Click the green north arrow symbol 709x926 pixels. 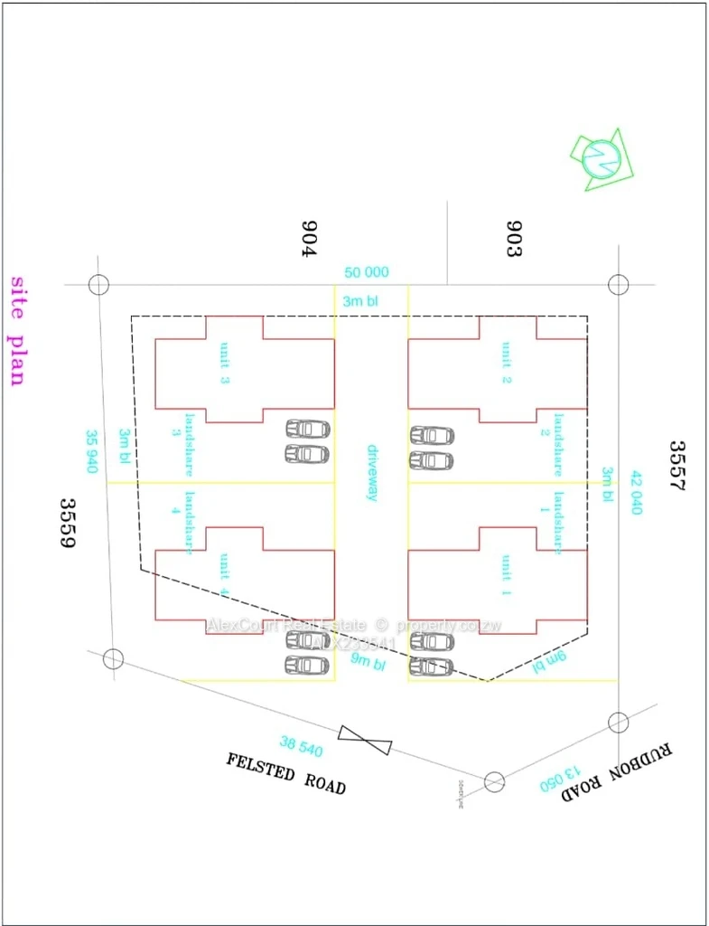pos(600,159)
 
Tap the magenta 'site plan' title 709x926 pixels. pos(16,331)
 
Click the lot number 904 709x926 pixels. pos(310,239)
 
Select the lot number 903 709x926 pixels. pos(514,239)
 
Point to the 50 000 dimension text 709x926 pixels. pos(366,272)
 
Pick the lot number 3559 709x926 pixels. pos(66,524)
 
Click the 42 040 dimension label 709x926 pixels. pos(636,493)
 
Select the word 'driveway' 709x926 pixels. pos(372,473)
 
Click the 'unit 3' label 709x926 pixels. pos(225,364)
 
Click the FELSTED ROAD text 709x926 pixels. pos(285,773)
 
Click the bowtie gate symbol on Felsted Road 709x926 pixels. pos(366,739)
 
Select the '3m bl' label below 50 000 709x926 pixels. pos(360,301)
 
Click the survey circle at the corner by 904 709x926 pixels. pos(99,285)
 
